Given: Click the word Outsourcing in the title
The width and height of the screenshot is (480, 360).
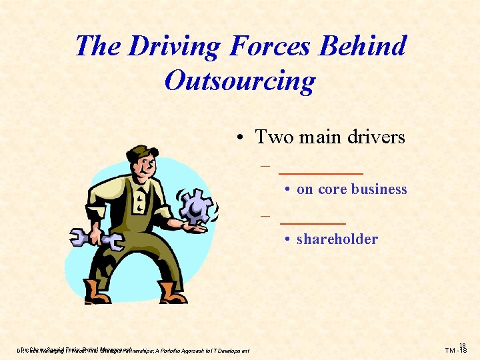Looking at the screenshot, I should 239,81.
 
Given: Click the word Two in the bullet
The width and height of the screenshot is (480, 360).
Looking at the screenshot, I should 271,137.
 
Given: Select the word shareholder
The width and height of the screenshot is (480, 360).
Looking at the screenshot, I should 337,239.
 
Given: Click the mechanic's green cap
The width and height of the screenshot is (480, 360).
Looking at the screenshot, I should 139,152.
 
